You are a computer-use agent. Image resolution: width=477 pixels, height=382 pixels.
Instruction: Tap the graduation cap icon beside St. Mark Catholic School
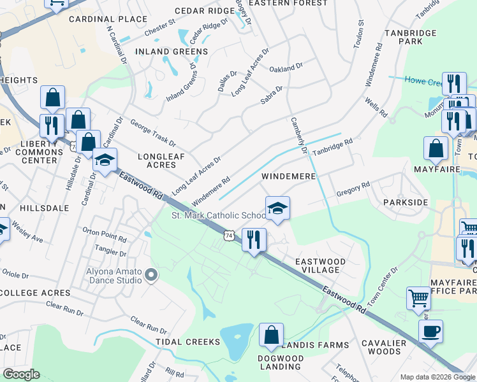(277, 208)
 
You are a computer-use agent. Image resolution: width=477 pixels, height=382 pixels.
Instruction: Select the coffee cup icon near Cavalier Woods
(430, 331)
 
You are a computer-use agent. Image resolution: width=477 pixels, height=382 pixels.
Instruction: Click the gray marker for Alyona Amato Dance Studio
(151, 275)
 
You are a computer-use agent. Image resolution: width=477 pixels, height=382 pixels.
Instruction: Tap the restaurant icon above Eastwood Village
(254, 239)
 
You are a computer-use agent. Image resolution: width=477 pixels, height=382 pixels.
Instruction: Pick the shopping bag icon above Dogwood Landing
(271, 335)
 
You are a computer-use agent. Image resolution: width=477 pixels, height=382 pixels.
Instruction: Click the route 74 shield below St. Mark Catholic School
(229, 236)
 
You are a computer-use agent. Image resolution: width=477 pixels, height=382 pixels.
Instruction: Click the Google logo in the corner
(21, 374)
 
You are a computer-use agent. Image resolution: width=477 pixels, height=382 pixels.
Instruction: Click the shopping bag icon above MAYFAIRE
(436, 148)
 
